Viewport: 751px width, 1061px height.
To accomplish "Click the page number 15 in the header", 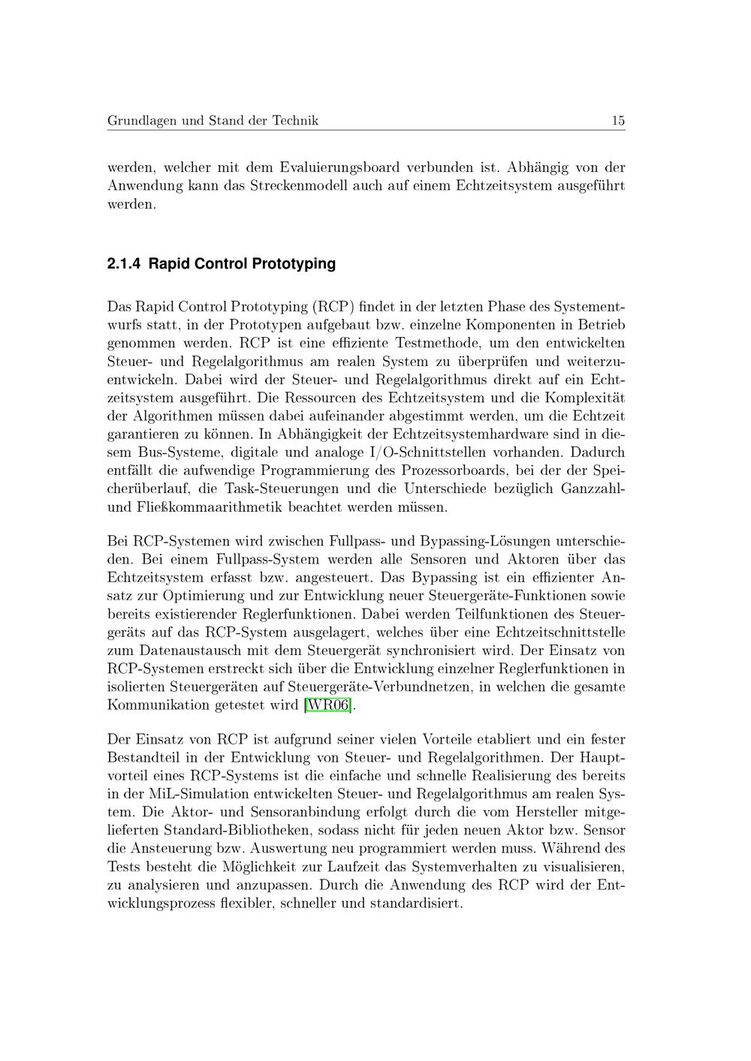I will (x=618, y=121).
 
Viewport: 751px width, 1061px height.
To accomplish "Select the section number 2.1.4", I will (x=124, y=264).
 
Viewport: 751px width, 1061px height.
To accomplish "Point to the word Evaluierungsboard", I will (x=339, y=167).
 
